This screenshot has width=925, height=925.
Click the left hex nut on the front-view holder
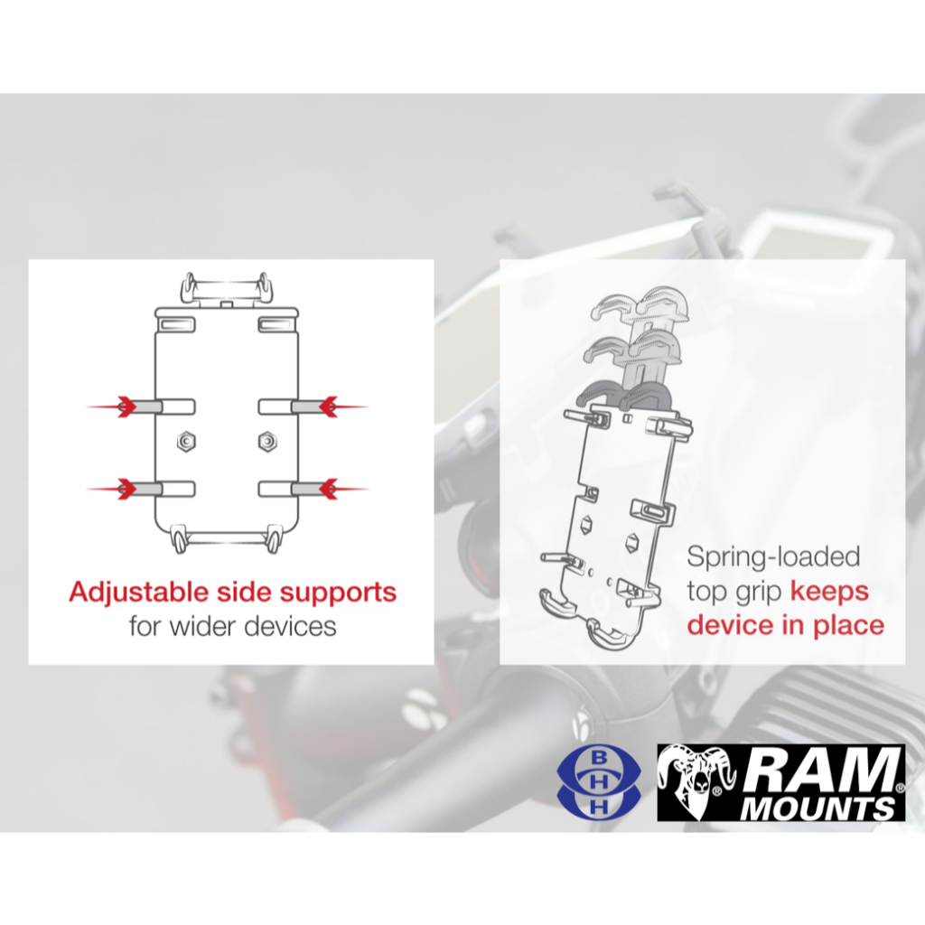click(x=186, y=441)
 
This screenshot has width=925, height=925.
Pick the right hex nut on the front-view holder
click(x=267, y=441)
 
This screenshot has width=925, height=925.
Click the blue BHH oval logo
click(x=599, y=782)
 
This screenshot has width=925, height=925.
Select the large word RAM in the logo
click(x=823, y=770)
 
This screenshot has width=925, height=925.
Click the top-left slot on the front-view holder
click(x=175, y=324)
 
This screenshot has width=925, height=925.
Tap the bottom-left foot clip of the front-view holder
click(x=179, y=538)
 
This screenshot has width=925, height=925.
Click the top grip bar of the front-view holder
click(x=227, y=290)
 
